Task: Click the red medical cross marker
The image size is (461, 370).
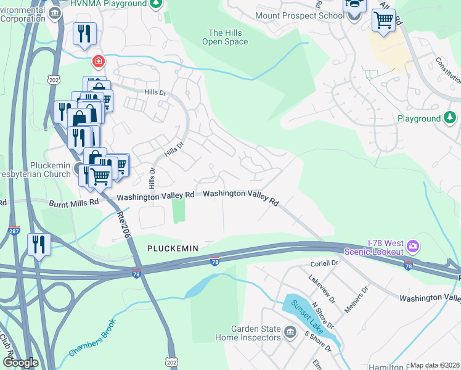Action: [98, 61]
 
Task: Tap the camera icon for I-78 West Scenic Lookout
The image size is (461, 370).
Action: [412, 246]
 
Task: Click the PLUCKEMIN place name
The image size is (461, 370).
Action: [173, 248]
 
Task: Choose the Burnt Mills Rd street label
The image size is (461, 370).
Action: [73, 202]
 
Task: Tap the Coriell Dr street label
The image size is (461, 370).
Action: [326, 263]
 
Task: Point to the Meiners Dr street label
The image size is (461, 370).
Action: [356, 298]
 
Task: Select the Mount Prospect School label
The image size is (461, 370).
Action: [300, 14]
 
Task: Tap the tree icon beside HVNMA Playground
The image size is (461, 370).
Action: [157, 4]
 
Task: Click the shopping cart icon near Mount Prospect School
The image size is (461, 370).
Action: [383, 20]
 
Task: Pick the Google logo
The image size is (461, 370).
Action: [20, 362]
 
